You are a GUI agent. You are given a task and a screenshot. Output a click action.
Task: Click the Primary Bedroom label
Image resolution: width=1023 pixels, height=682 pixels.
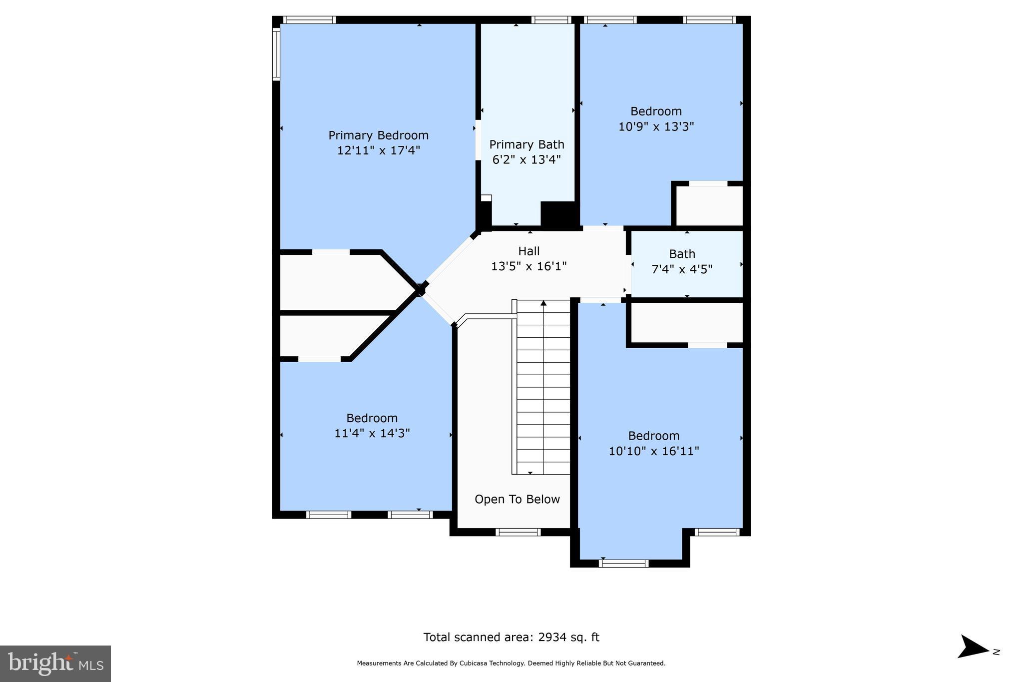pos(378,135)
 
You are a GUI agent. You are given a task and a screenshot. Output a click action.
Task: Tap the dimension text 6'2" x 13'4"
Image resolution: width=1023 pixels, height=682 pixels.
pos(526,160)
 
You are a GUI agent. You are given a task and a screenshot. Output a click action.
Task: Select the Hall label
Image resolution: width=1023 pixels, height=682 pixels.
pos(528,251)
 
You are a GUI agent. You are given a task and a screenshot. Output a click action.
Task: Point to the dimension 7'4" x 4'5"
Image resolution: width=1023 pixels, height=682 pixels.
pos(682,269)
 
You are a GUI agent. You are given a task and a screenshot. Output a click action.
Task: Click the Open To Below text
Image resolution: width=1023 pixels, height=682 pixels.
pos(517,499)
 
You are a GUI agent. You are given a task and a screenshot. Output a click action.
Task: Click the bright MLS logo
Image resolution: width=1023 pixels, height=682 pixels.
pos(55,664)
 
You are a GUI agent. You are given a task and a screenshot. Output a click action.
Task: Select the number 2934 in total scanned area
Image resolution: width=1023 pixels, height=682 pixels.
pos(552,637)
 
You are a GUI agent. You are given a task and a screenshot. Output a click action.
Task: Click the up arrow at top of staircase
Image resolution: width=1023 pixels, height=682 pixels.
pos(543,303)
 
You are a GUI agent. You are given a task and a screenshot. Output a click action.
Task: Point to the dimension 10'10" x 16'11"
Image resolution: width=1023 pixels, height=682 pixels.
pos(653,451)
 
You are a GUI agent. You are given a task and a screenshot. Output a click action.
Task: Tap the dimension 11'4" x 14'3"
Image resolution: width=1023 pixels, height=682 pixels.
pos(372,433)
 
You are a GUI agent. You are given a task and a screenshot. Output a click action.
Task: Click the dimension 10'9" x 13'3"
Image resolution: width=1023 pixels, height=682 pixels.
pos(656,127)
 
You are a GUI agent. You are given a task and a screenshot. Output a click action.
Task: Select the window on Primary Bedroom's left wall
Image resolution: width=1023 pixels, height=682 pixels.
pos(276,54)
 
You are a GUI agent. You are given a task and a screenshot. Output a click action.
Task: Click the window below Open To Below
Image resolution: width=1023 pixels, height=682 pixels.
pos(517,532)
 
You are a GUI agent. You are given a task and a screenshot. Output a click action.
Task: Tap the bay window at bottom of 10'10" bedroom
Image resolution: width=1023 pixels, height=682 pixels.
pos(623,564)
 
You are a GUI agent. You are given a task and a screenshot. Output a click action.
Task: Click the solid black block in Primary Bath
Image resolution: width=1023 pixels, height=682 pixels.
pos(559,215)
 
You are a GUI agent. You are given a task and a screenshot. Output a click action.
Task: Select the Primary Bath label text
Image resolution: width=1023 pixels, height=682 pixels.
pos(526,145)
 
